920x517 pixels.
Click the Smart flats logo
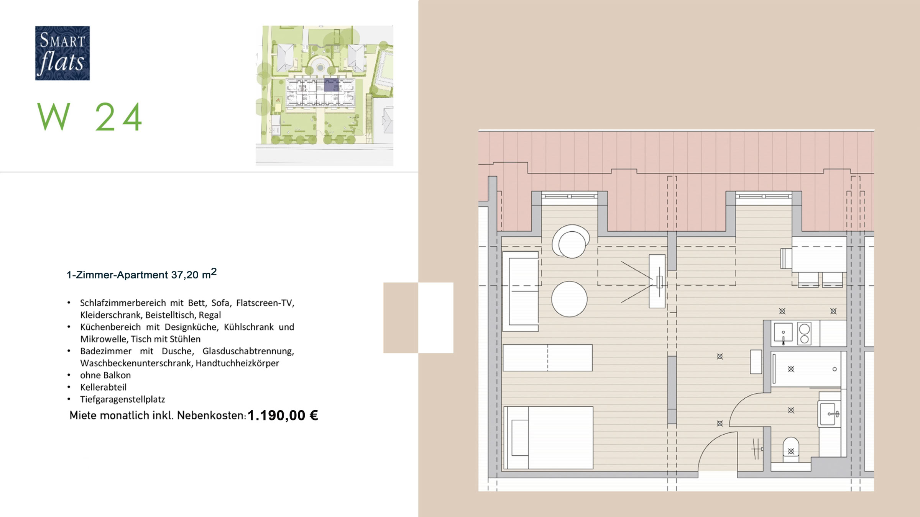point(62,53)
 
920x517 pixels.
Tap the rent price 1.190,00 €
point(283,416)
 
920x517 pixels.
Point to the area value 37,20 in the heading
point(185,275)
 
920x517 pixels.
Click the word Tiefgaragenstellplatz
point(122,399)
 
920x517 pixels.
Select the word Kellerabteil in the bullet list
point(103,387)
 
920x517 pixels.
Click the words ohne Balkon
point(105,375)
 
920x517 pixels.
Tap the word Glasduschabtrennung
point(248,351)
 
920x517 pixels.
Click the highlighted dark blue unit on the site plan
point(331,85)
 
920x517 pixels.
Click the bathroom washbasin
point(829,414)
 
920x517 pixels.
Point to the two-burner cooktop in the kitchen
point(804,334)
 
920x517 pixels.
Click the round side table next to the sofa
point(569,299)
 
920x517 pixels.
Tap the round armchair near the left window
point(571,242)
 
